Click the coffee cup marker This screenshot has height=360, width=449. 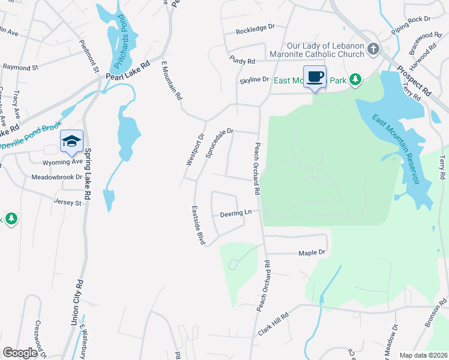point(315,77)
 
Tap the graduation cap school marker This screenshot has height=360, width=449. point(71,142)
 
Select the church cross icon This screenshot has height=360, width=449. point(373,48)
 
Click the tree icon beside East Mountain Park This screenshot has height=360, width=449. point(355,79)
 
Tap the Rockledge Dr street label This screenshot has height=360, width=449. point(255,28)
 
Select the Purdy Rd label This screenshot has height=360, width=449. point(242,60)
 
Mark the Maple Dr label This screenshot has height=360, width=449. point(312,253)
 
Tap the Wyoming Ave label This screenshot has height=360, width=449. point(62,162)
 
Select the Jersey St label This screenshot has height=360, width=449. point(67,203)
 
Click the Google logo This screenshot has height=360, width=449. point(20,352)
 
